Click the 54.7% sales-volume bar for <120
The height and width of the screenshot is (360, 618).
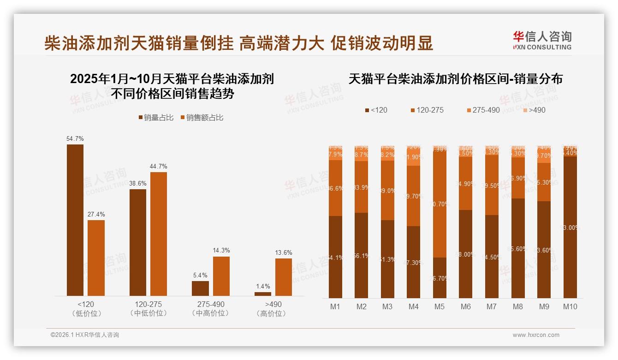pos(75,220)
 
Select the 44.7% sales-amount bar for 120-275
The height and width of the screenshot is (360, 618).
pos(159,234)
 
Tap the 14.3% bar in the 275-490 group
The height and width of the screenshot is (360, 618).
pos(221,276)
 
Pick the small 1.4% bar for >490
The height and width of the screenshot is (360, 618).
pos(263,294)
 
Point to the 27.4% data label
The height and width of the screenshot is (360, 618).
pos(96,214)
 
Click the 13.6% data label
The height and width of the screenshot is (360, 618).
pos(284,252)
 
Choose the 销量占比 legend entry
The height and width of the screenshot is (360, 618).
pos(156,118)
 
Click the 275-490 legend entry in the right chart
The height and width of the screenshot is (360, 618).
pos(483,110)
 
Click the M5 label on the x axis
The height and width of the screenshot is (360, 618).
pos(440,306)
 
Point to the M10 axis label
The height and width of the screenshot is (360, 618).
pos(570,306)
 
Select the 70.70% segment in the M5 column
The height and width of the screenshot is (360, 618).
pos(440,204)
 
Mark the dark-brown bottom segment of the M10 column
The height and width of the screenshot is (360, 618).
pos(570,227)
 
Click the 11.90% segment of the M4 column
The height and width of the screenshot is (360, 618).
pos(414,156)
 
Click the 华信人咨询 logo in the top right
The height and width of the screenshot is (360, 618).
pos(542,40)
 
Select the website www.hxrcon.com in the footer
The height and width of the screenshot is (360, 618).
pos(536,335)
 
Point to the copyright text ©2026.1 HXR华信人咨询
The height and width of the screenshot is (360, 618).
pos(85,335)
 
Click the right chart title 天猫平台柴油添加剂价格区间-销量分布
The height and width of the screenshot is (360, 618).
pos(455,79)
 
